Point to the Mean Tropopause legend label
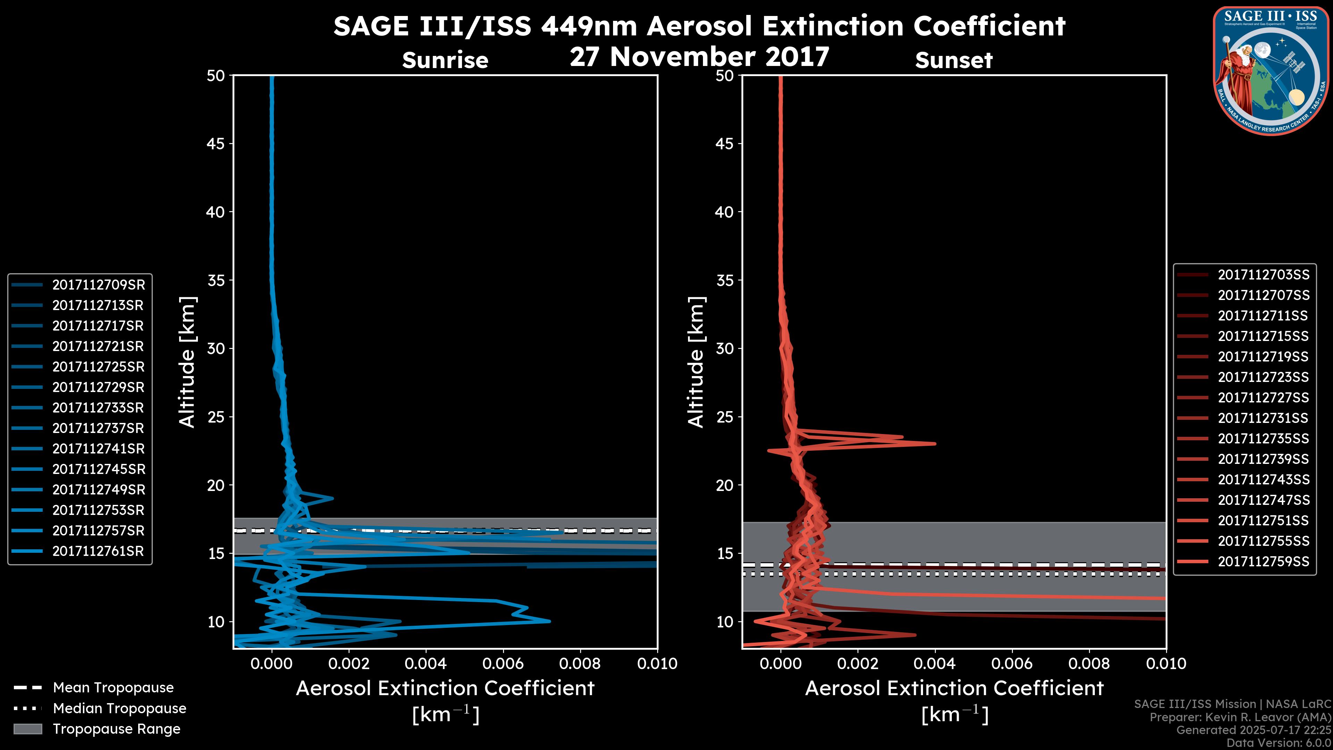click(113, 687)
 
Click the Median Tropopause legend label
click(119, 708)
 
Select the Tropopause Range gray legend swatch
click(27, 729)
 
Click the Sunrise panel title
click(445, 60)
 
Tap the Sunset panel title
click(954, 60)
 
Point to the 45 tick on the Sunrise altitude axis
click(215, 144)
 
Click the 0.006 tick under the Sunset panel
click(1012, 664)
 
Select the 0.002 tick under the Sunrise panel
click(349, 664)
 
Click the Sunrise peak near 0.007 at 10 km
click(550, 621)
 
